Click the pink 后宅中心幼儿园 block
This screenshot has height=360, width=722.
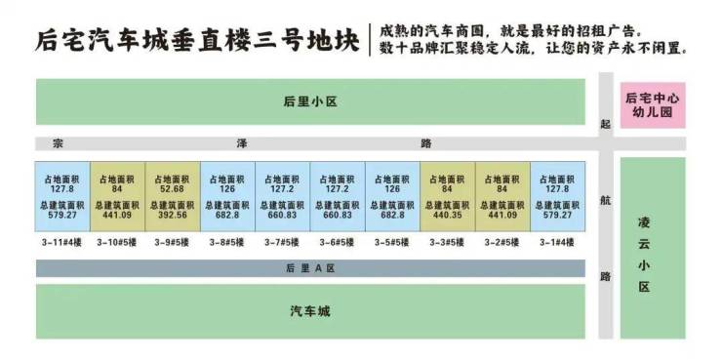click(x=653, y=105)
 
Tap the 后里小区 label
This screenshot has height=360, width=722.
click(x=310, y=101)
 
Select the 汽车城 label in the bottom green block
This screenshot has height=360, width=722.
click(x=310, y=311)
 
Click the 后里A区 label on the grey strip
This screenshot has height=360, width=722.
click(x=310, y=268)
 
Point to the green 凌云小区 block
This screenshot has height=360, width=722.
click(x=653, y=248)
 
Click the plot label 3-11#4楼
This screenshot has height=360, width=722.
click(x=62, y=243)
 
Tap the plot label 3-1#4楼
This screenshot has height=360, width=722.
click(x=557, y=243)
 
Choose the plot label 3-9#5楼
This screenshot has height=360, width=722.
click(x=172, y=243)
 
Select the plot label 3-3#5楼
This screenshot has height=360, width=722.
click(x=447, y=243)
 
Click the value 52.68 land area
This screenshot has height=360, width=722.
click(x=172, y=188)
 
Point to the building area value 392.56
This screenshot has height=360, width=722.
click(x=172, y=215)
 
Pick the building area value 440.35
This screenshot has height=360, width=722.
click(x=447, y=215)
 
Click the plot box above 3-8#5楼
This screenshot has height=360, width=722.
click(x=227, y=196)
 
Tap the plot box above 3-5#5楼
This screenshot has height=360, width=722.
click(x=392, y=196)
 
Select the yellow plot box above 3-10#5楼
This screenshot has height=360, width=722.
click(x=117, y=196)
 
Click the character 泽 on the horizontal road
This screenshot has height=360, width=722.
click(x=242, y=143)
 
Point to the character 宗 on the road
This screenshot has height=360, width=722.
click(x=58, y=143)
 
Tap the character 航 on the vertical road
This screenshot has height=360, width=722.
click(x=606, y=201)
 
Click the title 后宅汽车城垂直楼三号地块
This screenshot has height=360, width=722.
click(x=197, y=41)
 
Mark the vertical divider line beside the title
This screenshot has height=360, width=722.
click(x=370, y=40)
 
